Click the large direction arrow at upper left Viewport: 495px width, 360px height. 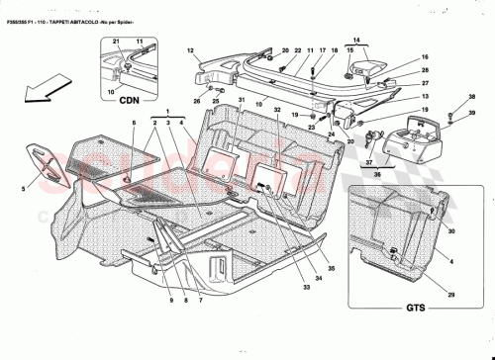tap(37, 92)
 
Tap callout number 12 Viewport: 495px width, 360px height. tap(189, 48)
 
